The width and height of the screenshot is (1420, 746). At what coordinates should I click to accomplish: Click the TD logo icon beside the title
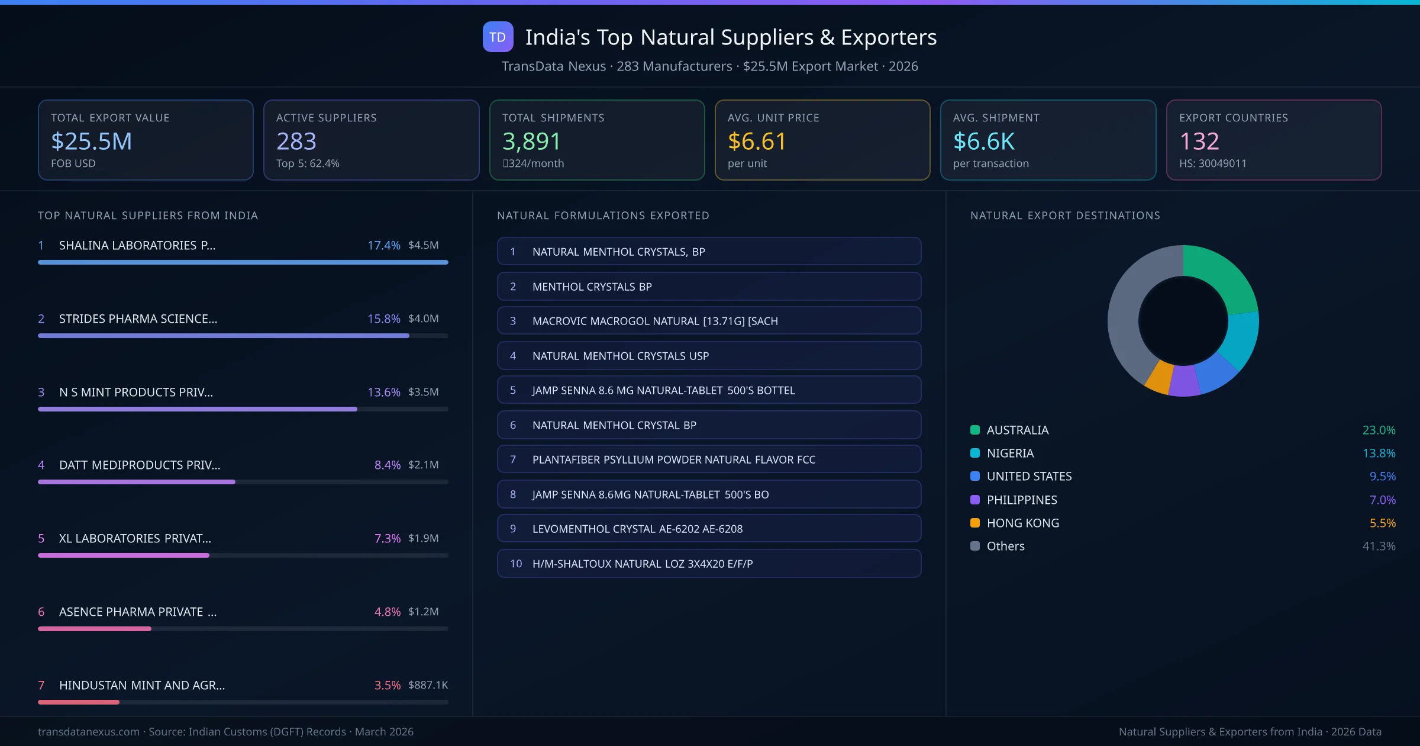[498, 37]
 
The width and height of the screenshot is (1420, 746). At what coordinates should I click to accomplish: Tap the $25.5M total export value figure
[92, 142]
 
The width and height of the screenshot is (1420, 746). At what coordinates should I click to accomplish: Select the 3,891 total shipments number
[531, 142]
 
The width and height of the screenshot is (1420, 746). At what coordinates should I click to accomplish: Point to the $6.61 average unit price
[757, 142]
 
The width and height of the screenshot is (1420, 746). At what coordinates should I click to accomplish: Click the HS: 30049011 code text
[1212, 163]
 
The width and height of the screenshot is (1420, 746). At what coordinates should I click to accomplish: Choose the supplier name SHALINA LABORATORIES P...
[137, 245]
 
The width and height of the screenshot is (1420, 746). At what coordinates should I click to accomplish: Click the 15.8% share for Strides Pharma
[383, 319]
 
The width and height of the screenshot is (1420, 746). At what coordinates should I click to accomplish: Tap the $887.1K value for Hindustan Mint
[428, 685]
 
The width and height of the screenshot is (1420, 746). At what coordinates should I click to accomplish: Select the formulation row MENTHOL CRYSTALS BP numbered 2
[709, 287]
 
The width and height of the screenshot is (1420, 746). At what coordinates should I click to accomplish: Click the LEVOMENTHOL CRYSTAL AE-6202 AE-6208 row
[709, 529]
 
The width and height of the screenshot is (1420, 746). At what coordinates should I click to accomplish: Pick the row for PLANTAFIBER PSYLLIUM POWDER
[709, 459]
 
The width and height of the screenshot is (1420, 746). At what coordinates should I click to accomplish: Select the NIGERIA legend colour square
[975, 454]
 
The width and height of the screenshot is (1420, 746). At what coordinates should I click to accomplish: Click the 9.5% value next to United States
[1382, 477]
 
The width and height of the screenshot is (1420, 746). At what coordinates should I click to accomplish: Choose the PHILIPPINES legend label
[1021, 500]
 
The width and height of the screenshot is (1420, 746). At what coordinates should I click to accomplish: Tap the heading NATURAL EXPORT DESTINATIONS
[1065, 216]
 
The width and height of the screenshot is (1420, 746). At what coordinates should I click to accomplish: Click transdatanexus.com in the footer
[89, 732]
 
